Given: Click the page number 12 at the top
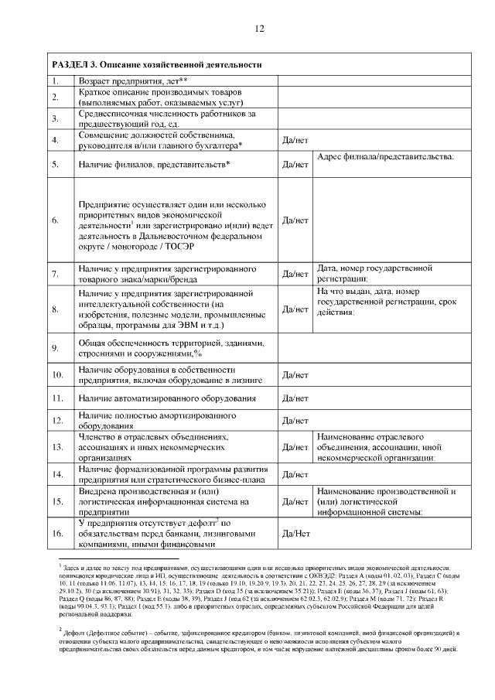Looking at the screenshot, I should [x=259, y=29].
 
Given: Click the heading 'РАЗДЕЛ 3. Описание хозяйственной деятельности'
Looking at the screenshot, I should [x=155, y=64].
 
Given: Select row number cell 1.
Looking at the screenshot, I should [x=56, y=80].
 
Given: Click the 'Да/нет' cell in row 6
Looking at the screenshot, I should [x=295, y=220].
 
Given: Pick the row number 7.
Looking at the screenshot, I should [x=56, y=274].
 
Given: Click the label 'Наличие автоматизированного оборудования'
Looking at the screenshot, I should [x=167, y=398].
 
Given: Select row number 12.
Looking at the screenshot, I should [x=56, y=421].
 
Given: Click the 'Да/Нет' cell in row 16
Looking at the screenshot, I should [x=296, y=533].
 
